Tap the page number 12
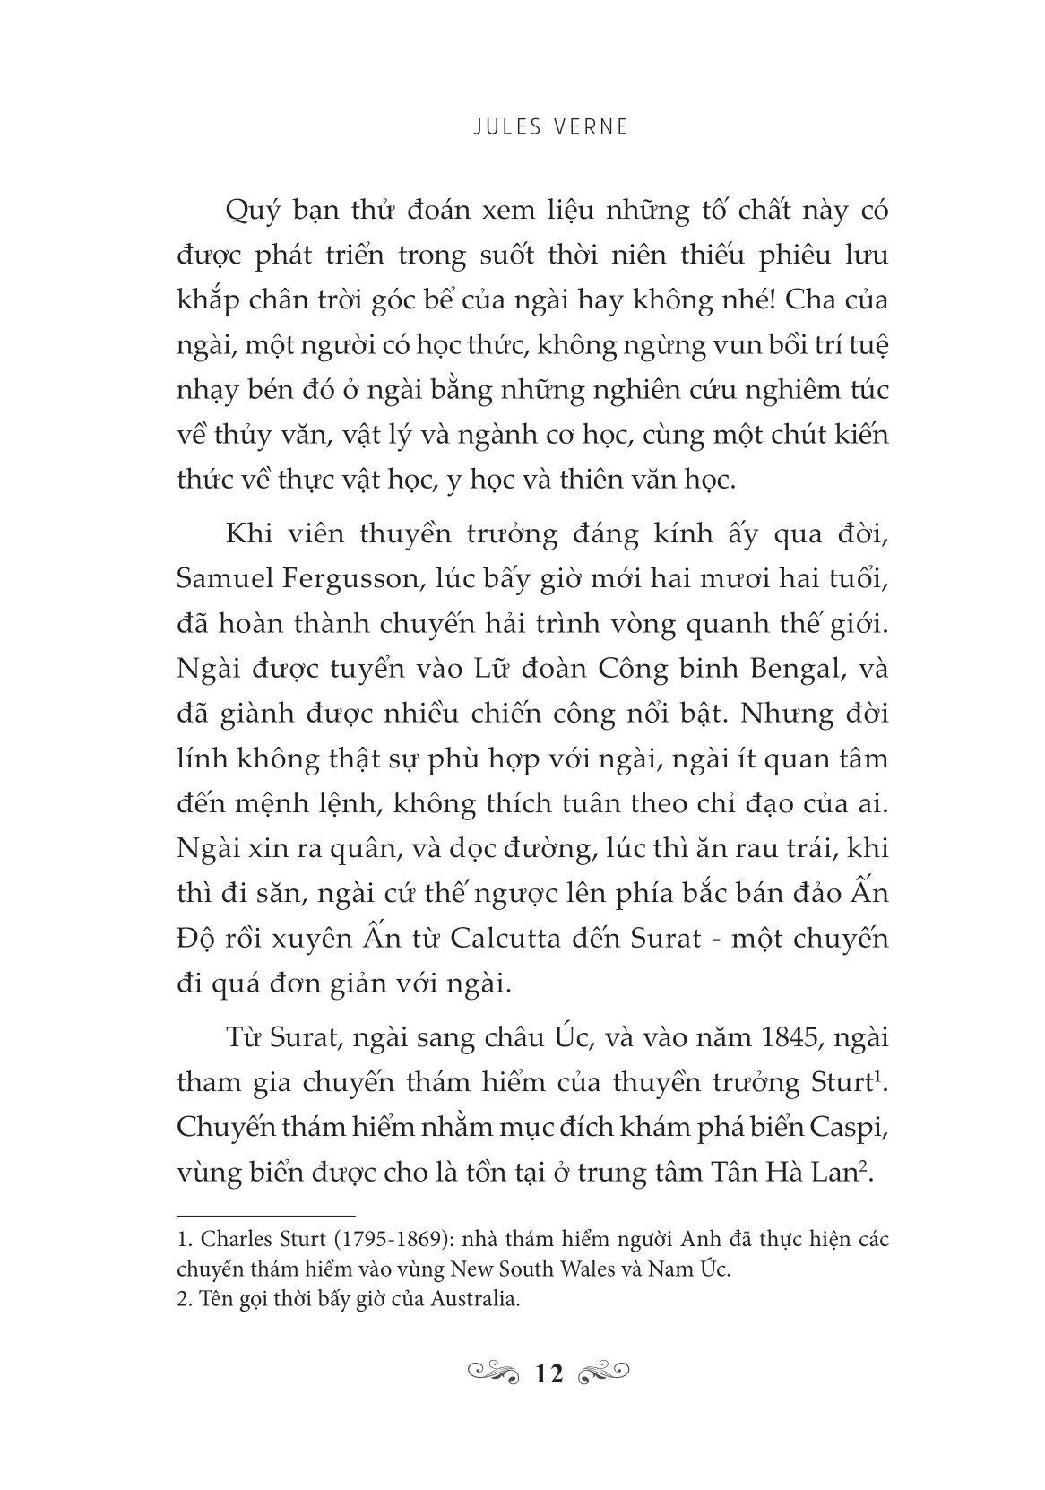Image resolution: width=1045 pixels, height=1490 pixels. point(548,1373)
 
